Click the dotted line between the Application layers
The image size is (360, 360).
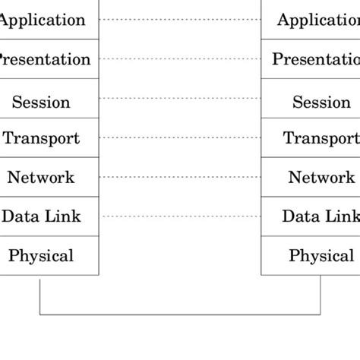click(180, 19)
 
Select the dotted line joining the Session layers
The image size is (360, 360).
click(180, 98)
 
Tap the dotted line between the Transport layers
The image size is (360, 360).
click(180, 137)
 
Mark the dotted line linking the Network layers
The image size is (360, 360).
click(180, 177)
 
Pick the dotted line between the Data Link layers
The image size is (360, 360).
click(180, 216)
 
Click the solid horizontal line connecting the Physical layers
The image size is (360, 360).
click(180, 314)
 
